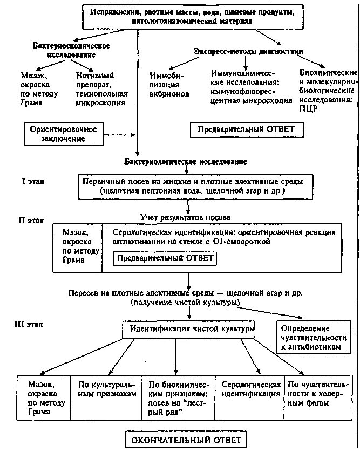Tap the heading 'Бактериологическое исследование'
click(186, 161)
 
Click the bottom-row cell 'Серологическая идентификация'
click(250, 389)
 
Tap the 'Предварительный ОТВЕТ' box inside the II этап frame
click(164, 258)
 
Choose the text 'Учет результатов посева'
click(185, 217)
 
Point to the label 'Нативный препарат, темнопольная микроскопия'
click(101, 90)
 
